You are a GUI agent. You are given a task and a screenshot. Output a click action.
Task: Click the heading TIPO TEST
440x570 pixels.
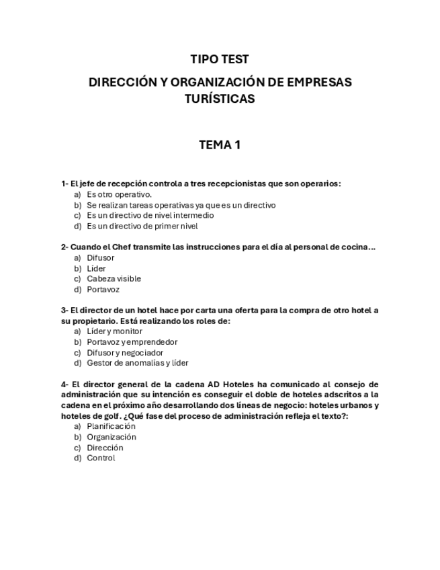pyautogui.click(x=220, y=60)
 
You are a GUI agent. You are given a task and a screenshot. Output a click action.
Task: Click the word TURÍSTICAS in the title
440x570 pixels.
pyautogui.click(x=220, y=99)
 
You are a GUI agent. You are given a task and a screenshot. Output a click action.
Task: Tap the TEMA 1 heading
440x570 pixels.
pyautogui.click(x=220, y=145)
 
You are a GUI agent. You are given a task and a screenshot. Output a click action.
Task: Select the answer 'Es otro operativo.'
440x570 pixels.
pyautogui.click(x=119, y=194)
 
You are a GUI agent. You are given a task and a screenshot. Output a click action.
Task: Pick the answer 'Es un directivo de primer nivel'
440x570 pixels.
pyautogui.click(x=142, y=227)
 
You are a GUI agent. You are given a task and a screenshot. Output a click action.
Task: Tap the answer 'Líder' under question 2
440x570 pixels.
pyautogui.click(x=96, y=268)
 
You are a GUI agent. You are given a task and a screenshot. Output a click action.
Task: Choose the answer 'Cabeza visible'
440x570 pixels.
pyautogui.click(x=114, y=278)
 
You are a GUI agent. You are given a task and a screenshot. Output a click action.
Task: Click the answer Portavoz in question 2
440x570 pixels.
pyautogui.click(x=104, y=289)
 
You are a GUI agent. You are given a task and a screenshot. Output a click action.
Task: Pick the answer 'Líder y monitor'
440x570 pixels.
pyautogui.click(x=114, y=331)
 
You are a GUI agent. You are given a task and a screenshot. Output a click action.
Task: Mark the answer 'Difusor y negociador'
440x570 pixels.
pyautogui.click(x=125, y=352)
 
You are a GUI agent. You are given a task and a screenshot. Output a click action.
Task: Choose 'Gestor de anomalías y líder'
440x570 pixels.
pyautogui.click(x=137, y=363)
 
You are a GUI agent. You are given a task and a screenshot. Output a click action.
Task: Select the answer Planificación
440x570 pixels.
pyautogui.click(x=111, y=426)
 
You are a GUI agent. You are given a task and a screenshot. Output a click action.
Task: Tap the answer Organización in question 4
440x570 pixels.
pyautogui.click(x=111, y=437)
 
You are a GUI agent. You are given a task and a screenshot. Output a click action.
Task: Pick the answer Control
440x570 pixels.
pyautogui.click(x=101, y=458)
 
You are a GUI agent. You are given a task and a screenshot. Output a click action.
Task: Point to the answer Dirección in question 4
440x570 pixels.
pyautogui.click(x=105, y=448)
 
